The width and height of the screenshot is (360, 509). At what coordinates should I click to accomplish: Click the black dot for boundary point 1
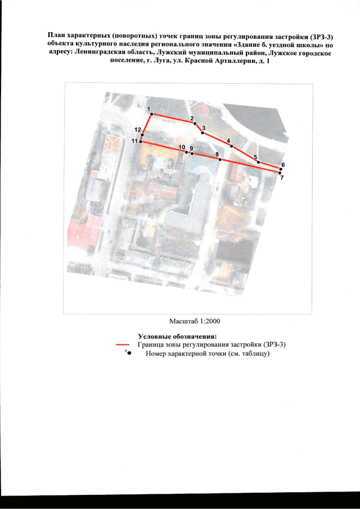pos(151,114)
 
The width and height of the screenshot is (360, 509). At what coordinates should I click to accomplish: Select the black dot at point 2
pos(195,123)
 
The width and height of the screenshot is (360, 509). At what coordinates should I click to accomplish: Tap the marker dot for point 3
pos(202,133)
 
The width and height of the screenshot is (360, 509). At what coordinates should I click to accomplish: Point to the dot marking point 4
pos(231,146)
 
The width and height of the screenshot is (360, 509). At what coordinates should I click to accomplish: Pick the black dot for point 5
pos(258,162)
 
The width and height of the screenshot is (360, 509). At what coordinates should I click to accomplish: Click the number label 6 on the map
pos(283,165)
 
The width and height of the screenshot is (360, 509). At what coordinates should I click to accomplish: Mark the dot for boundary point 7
pos(281,173)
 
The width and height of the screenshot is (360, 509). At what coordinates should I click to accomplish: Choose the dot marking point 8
pos(220,160)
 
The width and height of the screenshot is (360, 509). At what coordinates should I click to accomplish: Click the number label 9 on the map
pos(191,148)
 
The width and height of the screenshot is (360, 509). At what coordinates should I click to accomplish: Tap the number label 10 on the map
pos(182,147)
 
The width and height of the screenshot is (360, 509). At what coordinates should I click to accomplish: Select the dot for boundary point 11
pos(141,142)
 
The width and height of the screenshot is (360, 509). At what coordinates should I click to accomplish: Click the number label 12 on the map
pos(138,130)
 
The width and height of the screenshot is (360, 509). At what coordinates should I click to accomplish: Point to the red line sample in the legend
pos(123,344)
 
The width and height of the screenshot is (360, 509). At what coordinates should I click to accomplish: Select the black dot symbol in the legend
pos(129,353)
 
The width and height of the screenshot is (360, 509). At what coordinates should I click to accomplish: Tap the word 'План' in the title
pos(55,35)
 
